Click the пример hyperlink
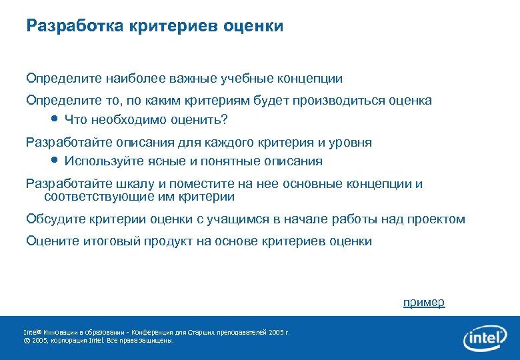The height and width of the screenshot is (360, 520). point(423,303)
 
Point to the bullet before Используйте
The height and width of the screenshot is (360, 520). point(55,161)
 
